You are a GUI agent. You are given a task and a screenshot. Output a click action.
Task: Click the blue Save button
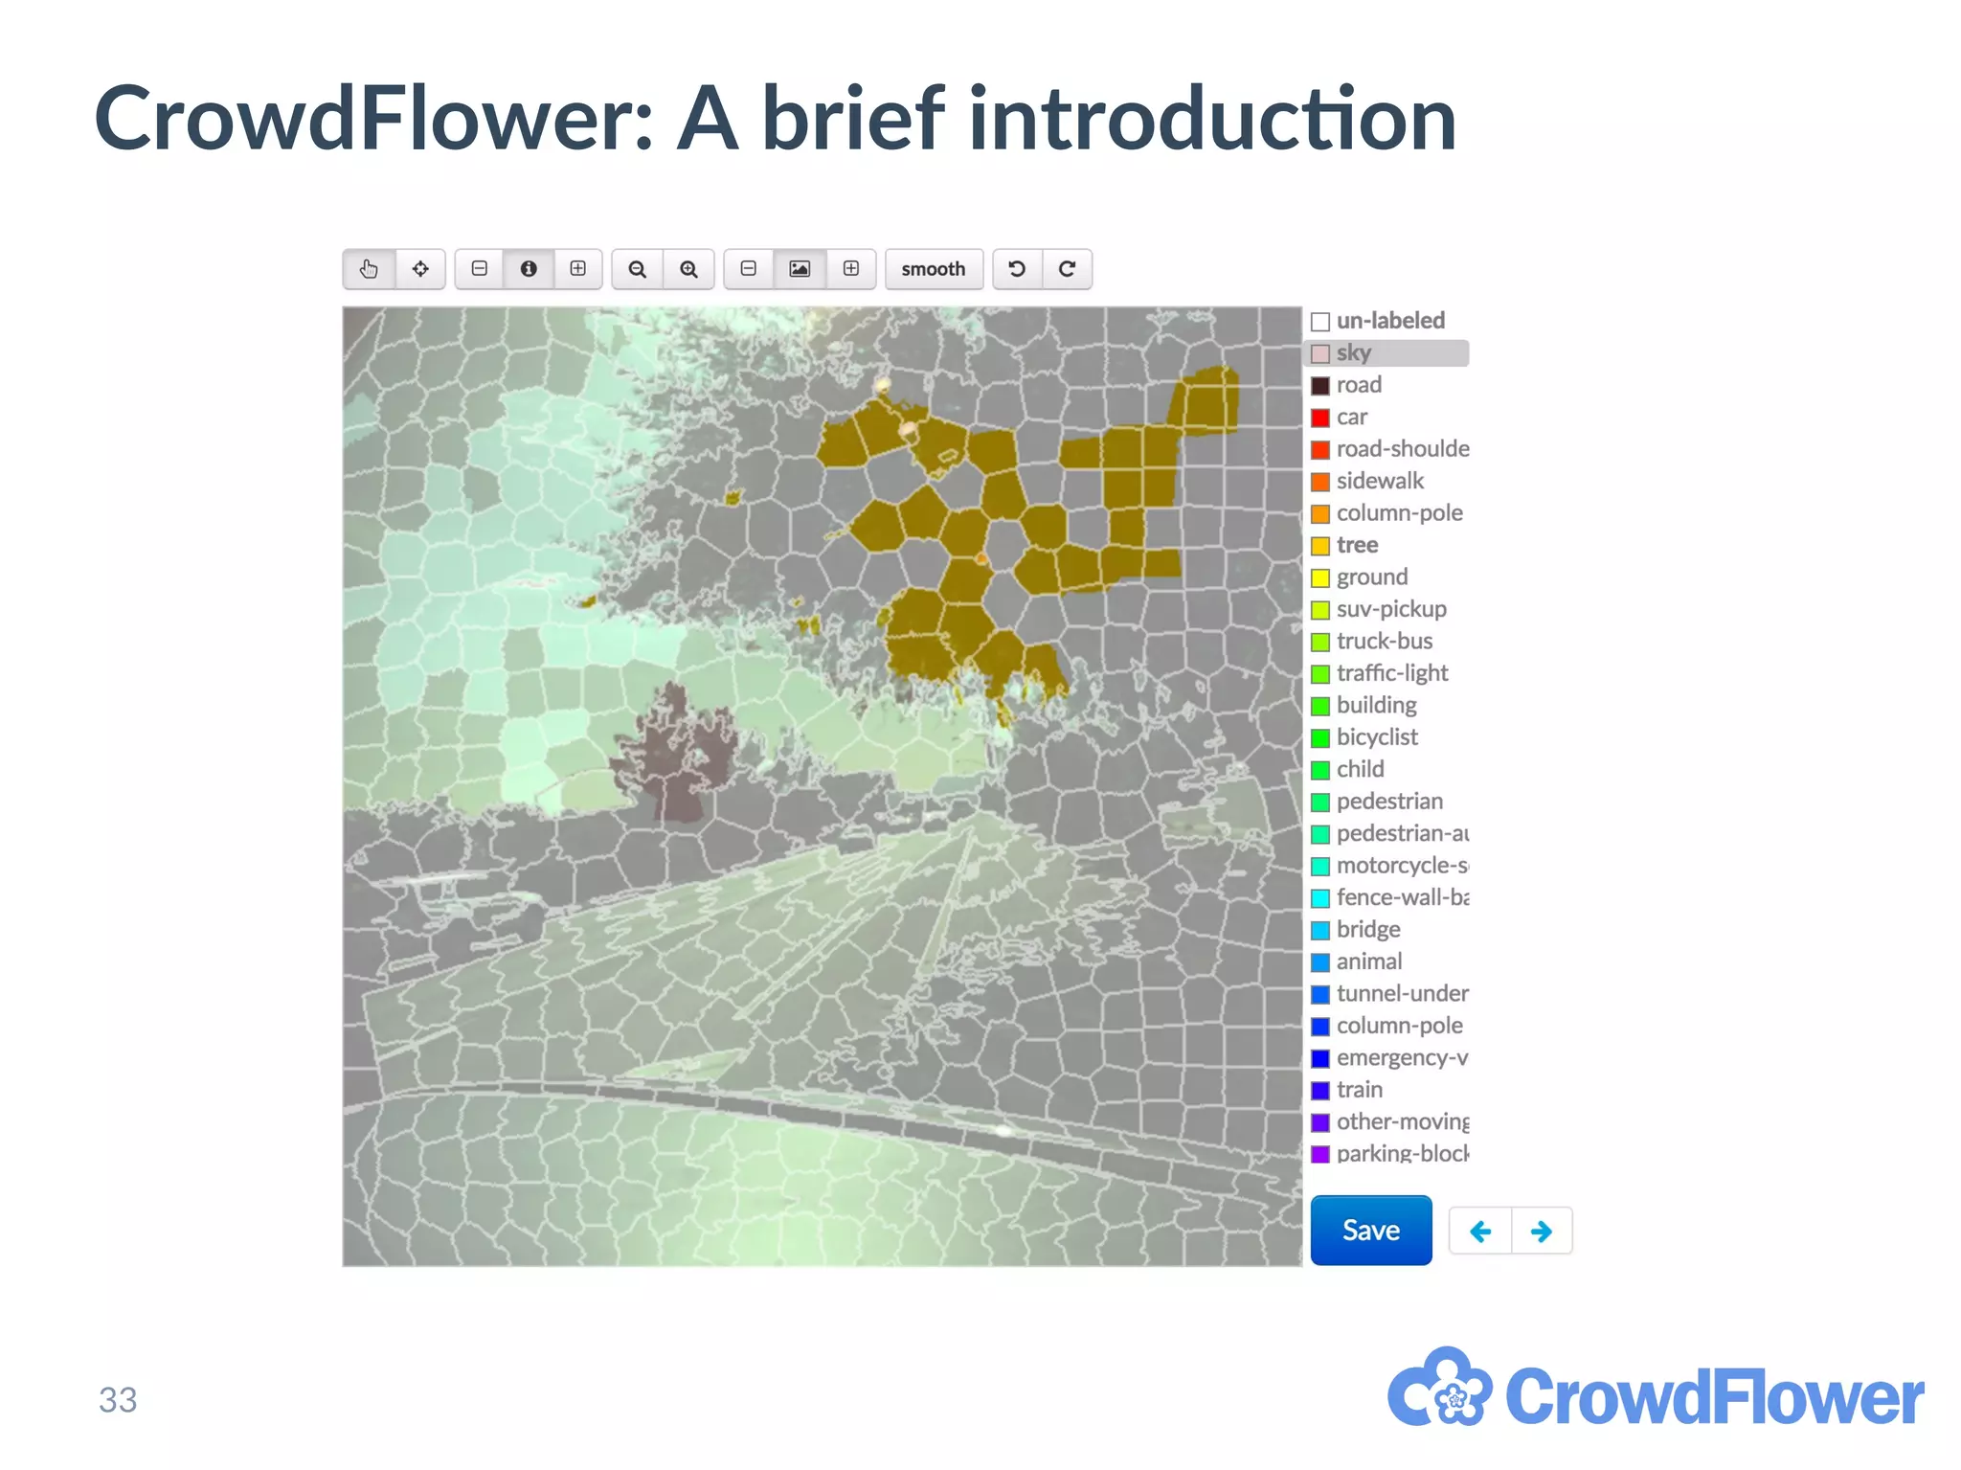click(1370, 1230)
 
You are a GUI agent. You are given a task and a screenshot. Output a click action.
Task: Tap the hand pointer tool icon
click(369, 269)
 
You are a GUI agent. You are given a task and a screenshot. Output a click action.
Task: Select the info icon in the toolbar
click(529, 269)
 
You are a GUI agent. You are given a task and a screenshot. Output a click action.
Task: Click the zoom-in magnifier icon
click(688, 269)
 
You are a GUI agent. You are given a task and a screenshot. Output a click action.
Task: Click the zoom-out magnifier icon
click(637, 269)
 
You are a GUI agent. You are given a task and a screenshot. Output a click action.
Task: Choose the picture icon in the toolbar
click(800, 269)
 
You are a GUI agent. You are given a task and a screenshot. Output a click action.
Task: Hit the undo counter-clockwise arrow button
click(1017, 269)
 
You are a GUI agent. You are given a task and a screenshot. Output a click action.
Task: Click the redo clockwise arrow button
click(1067, 269)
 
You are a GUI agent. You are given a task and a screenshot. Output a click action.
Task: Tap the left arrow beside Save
click(1480, 1231)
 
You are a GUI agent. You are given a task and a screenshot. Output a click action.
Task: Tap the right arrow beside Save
click(1542, 1231)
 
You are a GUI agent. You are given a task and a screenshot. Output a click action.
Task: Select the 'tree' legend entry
click(1357, 545)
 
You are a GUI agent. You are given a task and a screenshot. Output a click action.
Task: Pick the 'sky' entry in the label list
click(1354, 352)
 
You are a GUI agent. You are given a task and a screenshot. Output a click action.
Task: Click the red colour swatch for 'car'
click(1320, 418)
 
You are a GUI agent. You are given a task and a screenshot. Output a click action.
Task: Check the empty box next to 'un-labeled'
click(1320, 321)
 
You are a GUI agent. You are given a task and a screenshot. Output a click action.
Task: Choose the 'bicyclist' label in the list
click(1377, 737)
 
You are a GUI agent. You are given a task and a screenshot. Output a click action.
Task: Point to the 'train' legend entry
click(1359, 1090)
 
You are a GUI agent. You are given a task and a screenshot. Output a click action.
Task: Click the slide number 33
click(118, 1400)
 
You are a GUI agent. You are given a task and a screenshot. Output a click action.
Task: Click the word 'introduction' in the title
click(1212, 119)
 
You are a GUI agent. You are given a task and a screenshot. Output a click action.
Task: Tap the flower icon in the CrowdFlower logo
click(1440, 1389)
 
